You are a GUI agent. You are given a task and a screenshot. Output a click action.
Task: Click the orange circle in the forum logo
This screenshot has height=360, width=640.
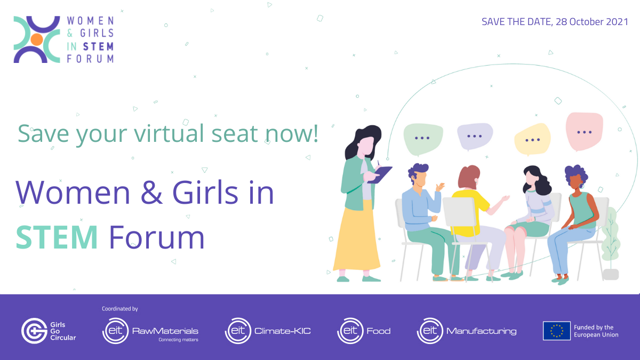click(37, 39)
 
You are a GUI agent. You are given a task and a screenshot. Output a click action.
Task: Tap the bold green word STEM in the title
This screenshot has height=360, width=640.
click(57, 237)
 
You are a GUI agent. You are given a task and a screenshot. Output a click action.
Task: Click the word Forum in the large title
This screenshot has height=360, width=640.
click(157, 237)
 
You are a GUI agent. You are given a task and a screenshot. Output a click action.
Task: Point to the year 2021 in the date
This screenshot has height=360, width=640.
click(617, 22)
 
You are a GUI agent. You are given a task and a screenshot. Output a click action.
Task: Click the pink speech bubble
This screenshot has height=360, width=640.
click(585, 131)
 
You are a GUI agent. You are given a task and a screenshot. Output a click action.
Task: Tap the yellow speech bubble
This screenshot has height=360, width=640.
click(532, 139)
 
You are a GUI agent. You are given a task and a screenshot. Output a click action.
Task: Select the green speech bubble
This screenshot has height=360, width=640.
click(423, 139)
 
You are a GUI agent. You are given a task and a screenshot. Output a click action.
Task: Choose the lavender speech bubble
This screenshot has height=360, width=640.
click(475, 137)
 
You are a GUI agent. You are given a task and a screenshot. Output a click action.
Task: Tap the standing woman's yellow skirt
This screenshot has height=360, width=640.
click(357, 237)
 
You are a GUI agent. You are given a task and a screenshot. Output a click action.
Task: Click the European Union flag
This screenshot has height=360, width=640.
click(557, 331)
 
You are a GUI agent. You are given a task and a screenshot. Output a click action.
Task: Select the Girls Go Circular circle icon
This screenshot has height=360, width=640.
click(34, 331)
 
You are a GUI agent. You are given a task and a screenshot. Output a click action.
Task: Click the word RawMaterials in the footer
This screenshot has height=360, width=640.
click(165, 331)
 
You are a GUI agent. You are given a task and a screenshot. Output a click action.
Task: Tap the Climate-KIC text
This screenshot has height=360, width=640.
click(282, 331)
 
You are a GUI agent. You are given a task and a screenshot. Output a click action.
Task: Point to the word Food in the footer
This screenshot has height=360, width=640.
click(379, 331)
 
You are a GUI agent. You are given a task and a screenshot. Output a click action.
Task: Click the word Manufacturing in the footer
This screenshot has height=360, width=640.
click(482, 331)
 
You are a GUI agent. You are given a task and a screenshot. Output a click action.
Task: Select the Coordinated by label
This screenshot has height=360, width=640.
click(120, 309)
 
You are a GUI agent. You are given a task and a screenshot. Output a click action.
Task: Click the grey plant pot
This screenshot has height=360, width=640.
click(611, 275)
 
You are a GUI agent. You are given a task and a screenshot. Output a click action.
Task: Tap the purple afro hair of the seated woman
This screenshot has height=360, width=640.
click(575, 172)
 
